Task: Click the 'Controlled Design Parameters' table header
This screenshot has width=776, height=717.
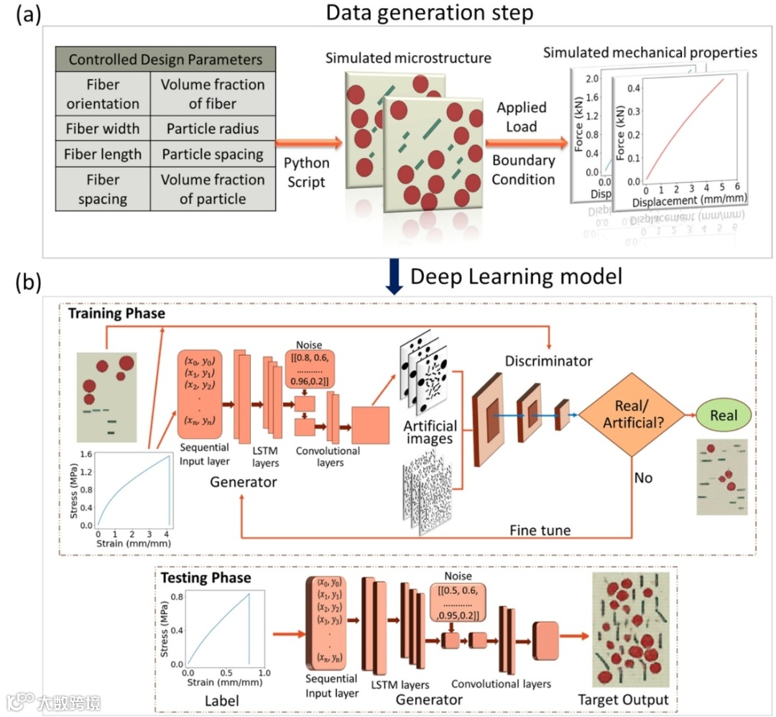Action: (165, 59)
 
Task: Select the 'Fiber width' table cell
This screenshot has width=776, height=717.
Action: (102, 129)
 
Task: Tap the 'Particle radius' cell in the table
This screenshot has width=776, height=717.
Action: (212, 129)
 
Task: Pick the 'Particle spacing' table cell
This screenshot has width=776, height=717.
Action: (212, 154)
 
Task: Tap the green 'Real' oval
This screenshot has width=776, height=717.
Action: (724, 415)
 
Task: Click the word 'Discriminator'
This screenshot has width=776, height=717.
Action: (549, 361)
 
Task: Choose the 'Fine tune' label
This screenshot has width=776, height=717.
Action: (540, 531)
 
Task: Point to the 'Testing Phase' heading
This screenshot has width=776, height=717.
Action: (205, 578)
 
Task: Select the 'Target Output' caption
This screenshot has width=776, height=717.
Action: (624, 699)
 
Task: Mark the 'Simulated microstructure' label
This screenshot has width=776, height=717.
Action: (408, 58)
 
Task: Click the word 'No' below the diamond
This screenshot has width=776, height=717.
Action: (643, 476)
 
